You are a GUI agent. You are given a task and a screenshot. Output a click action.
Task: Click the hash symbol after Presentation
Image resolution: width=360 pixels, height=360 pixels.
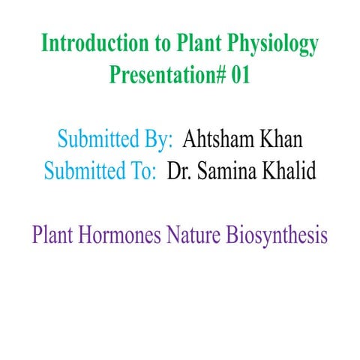(220, 75)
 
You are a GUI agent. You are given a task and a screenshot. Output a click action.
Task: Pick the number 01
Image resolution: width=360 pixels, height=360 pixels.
(241, 75)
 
